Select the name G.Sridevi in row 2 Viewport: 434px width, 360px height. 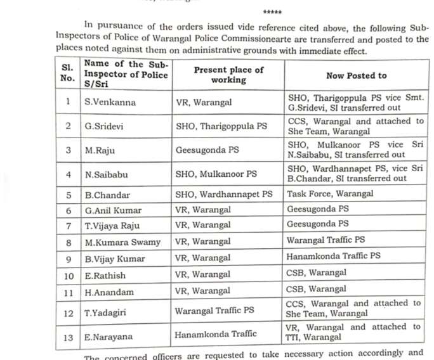tap(105, 125)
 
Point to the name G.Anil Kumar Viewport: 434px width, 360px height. tap(114, 210)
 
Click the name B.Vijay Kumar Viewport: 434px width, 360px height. tap(115, 258)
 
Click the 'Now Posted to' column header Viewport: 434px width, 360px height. tap(356, 75)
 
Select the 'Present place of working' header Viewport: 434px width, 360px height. tap(228, 75)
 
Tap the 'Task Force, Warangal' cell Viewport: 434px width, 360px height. tap(330, 193)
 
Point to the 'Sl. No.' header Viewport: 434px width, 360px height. tap(69, 75)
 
